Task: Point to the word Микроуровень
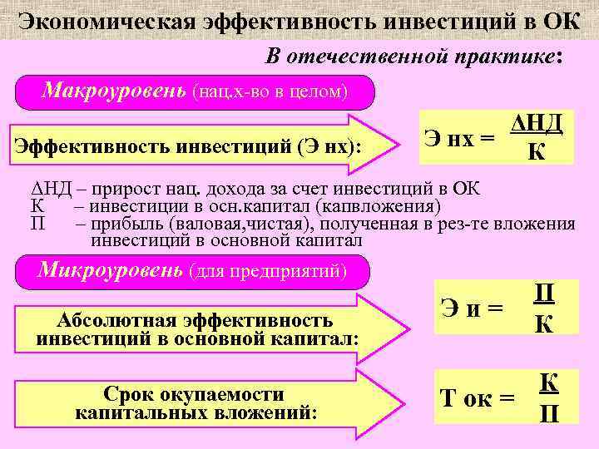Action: click(x=111, y=270)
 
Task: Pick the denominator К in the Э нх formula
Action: click(x=537, y=153)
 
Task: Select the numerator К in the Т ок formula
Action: click(x=548, y=382)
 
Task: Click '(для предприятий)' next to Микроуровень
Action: click(x=267, y=272)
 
